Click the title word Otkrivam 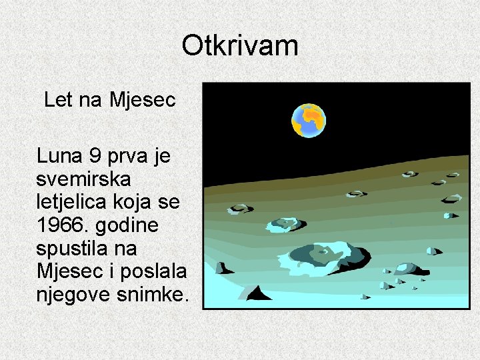[239, 46]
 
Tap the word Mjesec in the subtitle [142, 100]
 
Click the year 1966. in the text [64, 226]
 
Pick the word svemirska [84, 179]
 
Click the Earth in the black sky [308, 120]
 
